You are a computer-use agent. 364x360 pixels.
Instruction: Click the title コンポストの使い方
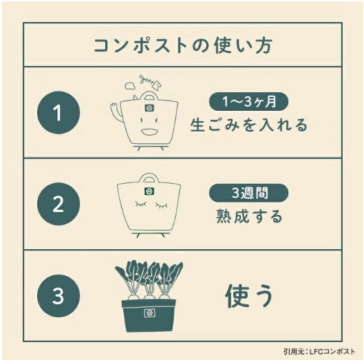pyautogui.click(x=183, y=45)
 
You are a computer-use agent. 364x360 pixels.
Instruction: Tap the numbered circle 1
pyautogui.click(x=58, y=113)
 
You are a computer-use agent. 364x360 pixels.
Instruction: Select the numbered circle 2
pyautogui.click(x=58, y=204)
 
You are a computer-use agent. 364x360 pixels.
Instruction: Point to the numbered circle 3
pyautogui.click(x=58, y=296)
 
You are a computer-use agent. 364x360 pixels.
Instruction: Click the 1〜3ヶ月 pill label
pyautogui.click(x=248, y=101)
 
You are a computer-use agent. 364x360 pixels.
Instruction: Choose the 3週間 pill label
pyautogui.click(x=248, y=193)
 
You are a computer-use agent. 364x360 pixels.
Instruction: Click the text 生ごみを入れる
pyautogui.click(x=249, y=125)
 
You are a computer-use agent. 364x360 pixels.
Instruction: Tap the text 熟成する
pyautogui.click(x=249, y=216)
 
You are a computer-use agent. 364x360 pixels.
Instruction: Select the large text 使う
pyautogui.click(x=249, y=296)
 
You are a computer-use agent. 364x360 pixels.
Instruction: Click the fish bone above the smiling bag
pyautogui.click(x=150, y=82)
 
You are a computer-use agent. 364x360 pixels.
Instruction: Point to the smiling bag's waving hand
pyautogui.click(x=116, y=109)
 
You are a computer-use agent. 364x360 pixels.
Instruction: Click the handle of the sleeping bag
pyautogui.click(x=149, y=179)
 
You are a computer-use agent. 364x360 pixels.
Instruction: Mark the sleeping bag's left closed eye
pyautogui.click(x=140, y=204)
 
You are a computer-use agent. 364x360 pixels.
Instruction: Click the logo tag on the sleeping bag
pyautogui.click(x=149, y=191)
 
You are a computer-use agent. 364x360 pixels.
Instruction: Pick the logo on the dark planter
pyautogui.click(x=149, y=313)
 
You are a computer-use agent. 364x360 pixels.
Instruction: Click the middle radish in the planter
pyautogui.click(x=149, y=298)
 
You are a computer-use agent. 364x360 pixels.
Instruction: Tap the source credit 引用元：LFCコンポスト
pyautogui.click(x=319, y=352)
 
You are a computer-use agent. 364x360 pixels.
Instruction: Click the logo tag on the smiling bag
pyautogui.click(x=150, y=108)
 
